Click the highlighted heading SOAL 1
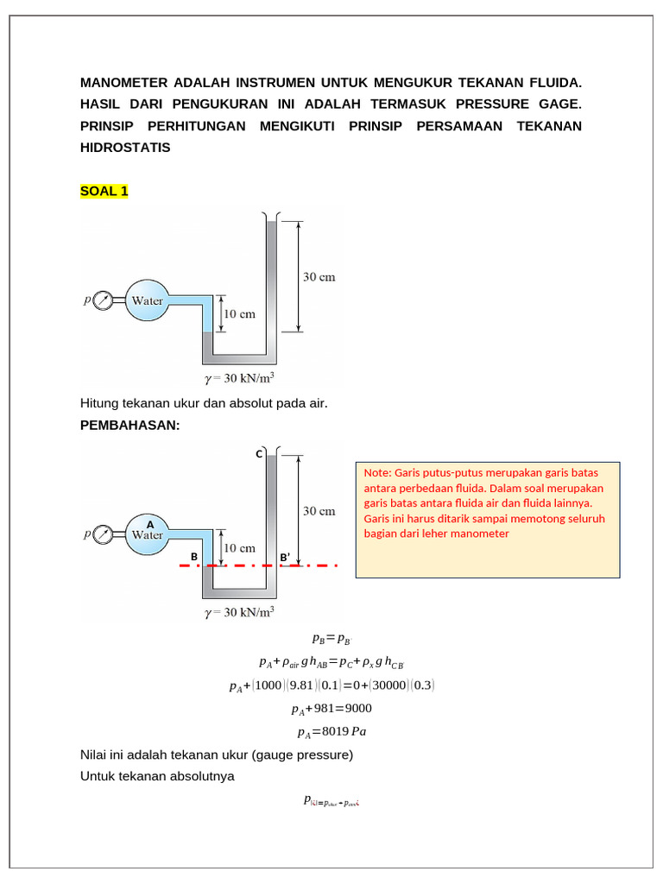coord(104,191)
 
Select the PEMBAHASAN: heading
coord(129,426)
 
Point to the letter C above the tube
coord(257,453)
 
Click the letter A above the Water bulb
coord(149,523)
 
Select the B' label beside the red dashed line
coord(284,558)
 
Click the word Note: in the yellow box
coord(377,473)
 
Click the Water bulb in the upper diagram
coord(146,301)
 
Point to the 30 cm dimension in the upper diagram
coord(318,277)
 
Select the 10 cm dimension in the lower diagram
coord(239,547)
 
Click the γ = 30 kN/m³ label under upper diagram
coord(239,378)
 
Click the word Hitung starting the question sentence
coord(101,402)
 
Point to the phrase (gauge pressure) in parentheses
coord(302,755)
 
